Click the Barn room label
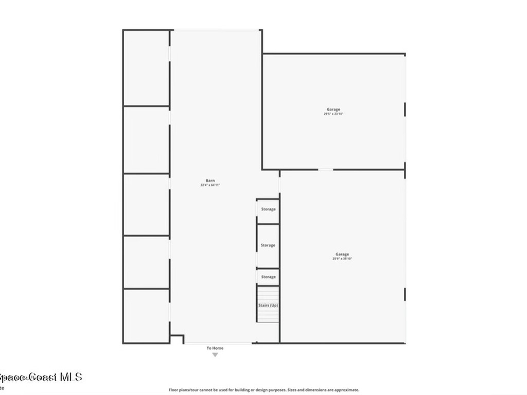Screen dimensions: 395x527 [210, 181]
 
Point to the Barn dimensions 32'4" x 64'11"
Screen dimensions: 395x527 [210, 185]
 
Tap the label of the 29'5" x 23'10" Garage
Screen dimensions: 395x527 [333, 109]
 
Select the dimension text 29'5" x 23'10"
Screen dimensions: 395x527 [333, 114]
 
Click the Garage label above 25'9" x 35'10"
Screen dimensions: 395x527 [342, 254]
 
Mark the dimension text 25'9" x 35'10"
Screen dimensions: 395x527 [342, 259]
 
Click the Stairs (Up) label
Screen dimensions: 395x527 [268, 306]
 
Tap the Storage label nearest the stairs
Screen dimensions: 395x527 [268, 277]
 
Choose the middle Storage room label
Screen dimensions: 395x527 [268, 245]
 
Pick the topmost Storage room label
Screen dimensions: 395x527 [268, 209]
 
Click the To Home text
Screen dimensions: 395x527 [215, 348]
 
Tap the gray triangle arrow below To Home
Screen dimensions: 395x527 [215, 354]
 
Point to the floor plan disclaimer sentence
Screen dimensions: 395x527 [264, 390]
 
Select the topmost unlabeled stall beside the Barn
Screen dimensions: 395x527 [146, 68]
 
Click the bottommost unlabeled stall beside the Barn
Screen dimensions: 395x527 [146, 316]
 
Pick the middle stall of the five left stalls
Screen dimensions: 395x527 [146, 204]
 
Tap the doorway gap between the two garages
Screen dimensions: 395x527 [325, 169]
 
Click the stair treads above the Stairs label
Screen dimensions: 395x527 [268, 294]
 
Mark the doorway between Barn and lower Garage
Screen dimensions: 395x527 [279, 184]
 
